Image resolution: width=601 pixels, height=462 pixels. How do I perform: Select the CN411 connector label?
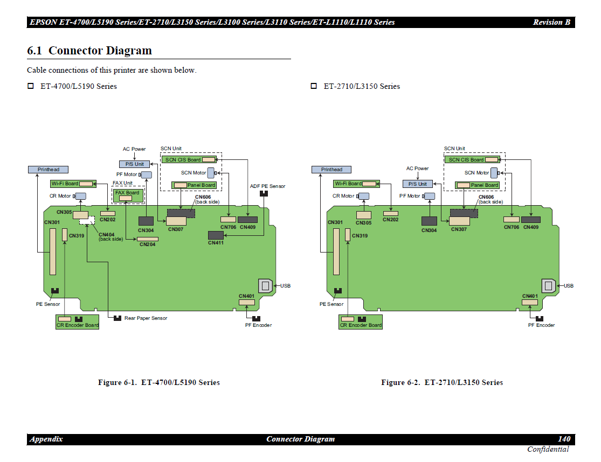(216, 243)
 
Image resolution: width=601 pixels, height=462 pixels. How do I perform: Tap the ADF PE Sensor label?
(267, 186)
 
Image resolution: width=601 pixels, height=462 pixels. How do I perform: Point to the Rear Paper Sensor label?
(146, 318)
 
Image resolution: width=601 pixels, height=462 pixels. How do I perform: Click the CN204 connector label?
(147, 244)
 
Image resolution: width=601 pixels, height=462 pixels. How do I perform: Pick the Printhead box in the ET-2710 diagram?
(331, 170)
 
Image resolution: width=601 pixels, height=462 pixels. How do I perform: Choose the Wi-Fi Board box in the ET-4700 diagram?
(73, 184)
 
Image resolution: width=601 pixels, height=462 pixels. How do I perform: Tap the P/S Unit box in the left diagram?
(134, 164)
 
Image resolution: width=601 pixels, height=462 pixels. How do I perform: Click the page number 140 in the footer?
(563, 439)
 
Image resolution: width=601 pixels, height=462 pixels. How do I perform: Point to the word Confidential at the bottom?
(548, 450)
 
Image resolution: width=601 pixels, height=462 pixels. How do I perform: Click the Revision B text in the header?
(551, 22)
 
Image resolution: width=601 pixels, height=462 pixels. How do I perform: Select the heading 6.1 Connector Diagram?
(89, 51)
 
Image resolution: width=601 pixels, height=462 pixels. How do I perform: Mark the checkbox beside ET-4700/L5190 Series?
(31, 86)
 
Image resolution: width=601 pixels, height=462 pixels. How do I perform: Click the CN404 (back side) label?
(110, 236)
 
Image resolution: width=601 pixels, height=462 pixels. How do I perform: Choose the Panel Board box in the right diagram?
(477, 185)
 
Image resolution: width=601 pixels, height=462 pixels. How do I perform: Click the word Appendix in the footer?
(46, 439)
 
